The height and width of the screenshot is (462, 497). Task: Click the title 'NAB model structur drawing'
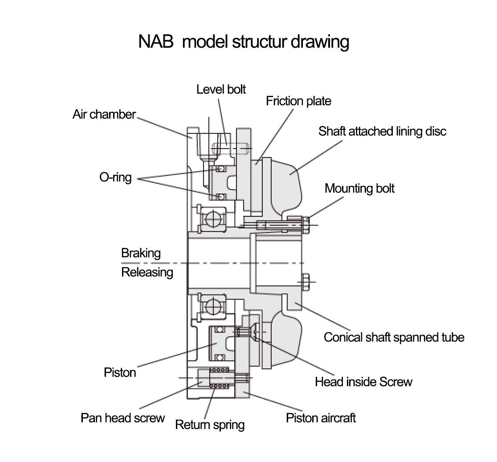tap(244, 41)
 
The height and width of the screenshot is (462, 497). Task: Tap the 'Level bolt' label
tap(221, 89)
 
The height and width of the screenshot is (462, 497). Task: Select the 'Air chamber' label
tap(104, 115)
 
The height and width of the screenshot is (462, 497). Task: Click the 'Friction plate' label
tap(298, 101)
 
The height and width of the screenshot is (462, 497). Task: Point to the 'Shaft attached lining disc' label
tap(382, 132)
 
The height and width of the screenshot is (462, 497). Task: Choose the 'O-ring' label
tap(115, 177)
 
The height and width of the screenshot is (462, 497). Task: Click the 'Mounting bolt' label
tap(359, 188)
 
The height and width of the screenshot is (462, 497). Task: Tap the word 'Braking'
tap(141, 253)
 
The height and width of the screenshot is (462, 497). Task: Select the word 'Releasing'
tap(147, 272)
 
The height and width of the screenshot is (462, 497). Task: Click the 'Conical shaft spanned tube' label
tap(394, 337)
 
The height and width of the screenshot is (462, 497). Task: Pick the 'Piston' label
tap(120, 372)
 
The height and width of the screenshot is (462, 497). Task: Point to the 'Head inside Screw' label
tap(363, 382)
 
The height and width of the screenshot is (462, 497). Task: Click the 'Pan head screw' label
tap(122, 418)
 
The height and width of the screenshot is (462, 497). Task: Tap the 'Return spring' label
tap(210, 425)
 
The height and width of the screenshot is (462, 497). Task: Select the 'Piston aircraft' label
tap(321, 418)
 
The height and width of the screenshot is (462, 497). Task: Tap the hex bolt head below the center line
tap(306, 282)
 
